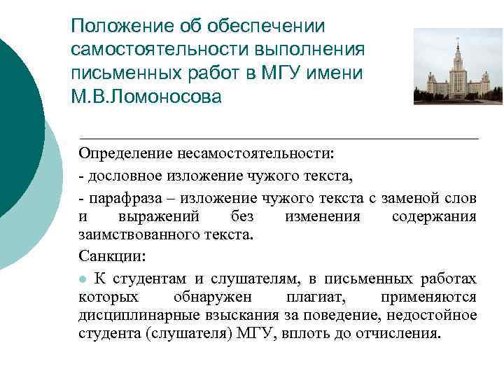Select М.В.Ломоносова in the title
(146, 96)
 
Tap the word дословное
(124, 174)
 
